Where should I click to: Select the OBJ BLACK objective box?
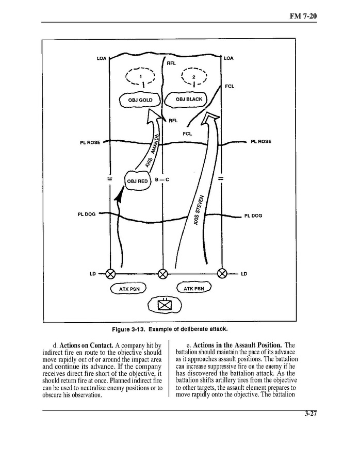(x=188, y=99)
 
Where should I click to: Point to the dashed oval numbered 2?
(x=193, y=76)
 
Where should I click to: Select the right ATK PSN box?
(x=194, y=288)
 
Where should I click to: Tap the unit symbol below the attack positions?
(x=165, y=305)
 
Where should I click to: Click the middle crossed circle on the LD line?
(x=163, y=273)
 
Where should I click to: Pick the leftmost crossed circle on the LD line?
(x=110, y=273)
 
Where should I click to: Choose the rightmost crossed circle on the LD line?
(x=223, y=273)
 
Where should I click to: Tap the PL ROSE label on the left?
(x=90, y=142)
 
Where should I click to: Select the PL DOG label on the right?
(x=253, y=216)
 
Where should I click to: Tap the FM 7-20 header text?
(x=304, y=16)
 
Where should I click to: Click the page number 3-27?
(x=310, y=419)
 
